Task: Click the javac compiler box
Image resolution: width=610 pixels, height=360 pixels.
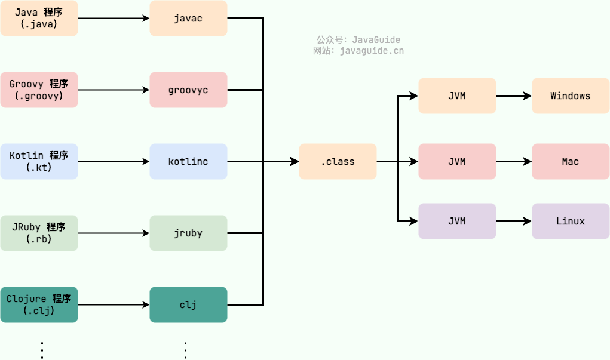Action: coord(188,18)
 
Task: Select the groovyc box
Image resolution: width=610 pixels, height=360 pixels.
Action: coord(188,90)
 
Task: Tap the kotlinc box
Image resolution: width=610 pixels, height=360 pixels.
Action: coord(188,161)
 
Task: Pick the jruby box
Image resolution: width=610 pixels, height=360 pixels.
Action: coord(188,233)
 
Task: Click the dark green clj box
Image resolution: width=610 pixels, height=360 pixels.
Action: coord(188,304)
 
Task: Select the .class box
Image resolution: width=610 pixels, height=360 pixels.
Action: coord(338,161)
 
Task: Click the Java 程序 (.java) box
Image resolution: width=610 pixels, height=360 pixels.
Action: coord(39,18)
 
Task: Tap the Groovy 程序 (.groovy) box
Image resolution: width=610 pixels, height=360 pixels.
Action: coord(39,90)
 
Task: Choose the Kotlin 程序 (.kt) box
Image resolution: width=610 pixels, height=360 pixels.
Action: coord(39,161)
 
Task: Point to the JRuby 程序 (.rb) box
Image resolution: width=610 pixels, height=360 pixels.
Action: coord(39,233)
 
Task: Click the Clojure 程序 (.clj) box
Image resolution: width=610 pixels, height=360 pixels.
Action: coord(39,304)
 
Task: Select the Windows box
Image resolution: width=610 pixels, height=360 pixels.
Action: coord(571,96)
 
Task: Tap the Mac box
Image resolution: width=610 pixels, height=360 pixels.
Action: coord(571,161)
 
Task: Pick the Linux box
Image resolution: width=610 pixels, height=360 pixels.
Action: coord(571,221)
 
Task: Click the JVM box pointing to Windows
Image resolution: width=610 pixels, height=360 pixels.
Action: coord(457,96)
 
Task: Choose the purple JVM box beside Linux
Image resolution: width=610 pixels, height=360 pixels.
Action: coord(457,221)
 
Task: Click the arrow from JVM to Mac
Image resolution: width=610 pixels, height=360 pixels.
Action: coord(514,161)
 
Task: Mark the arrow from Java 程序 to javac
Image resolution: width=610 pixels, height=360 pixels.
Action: coord(114,18)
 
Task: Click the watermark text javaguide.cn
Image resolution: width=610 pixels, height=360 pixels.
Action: coord(371,51)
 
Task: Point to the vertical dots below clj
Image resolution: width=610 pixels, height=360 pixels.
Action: coord(185,350)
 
